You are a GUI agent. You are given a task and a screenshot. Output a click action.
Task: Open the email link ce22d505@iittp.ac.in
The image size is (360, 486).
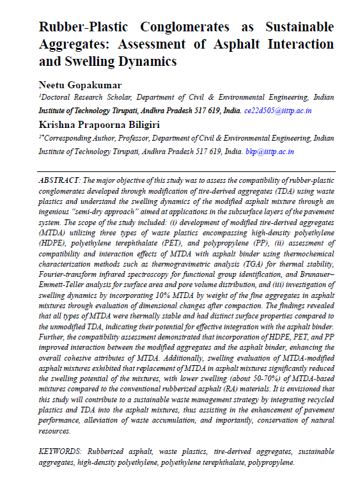tap(278, 111)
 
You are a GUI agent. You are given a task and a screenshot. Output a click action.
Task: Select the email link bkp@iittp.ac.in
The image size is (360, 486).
tap(270, 152)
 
